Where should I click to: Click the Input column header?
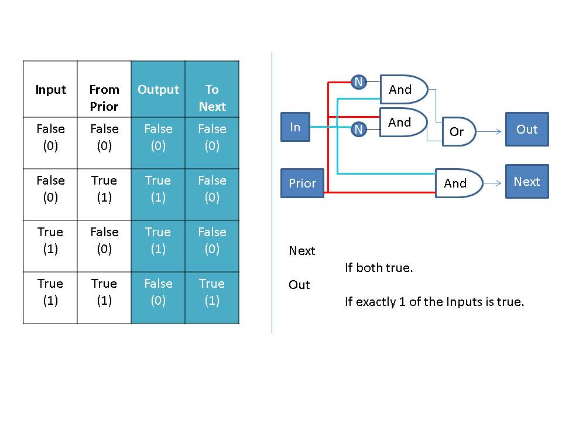click(x=50, y=90)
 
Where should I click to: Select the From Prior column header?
click(x=104, y=97)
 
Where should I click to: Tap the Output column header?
click(x=158, y=90)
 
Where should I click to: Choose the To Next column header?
click(x=212, y=97)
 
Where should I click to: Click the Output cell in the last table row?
click(x=158, y=292)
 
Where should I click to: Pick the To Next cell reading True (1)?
click(x=212, y=292)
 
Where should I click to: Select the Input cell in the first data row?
click(x=50, y=137)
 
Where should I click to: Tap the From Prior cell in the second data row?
click(x=104, y=189)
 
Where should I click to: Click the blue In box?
click(x=295, y=127)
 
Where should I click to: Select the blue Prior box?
click(x=302, y=183)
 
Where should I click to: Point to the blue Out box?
click(x=527, y=130)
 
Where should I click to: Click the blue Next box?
click(x=527, y=182)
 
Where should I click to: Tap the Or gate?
click(x=458, y=131)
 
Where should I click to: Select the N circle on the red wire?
click(x=358, y=82)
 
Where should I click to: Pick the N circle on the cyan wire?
click(x=358, y=128)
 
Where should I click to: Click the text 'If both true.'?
click(x=379, y=268)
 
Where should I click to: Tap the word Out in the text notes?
click(x=299, y=285)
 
